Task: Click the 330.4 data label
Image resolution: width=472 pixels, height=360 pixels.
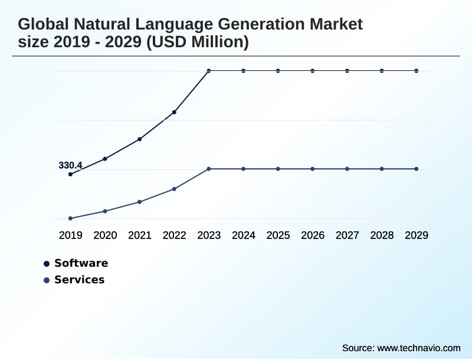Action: [x=70, y=165]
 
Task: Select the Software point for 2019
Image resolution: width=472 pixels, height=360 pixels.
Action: [x=70, y=174]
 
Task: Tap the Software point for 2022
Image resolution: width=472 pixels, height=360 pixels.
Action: [x=174, y=112]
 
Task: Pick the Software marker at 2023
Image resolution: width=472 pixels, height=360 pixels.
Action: [x=209, y=71]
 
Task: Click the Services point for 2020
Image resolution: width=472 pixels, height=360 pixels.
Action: [x=105, y=211]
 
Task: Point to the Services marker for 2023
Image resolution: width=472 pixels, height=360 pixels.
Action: [x=209, y=169]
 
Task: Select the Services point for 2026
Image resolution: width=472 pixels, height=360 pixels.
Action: [x=313, y=169]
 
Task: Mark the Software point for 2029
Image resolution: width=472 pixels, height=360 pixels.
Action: [x=417, y=71]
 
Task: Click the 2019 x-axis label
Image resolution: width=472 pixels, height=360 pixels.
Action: [x=70, y=235]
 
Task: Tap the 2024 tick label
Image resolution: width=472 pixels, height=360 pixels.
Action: [x=244, y=235]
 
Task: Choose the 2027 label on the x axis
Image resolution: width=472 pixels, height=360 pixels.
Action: [x=348, y=235]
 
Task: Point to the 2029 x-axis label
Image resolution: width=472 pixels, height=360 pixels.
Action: [x=417, y=235]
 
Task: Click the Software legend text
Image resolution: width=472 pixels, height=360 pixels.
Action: [x=81, y=263]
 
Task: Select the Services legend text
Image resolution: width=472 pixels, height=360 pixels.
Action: [x=79, y=280]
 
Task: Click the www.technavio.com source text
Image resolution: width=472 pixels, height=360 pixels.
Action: [x=418, y=348]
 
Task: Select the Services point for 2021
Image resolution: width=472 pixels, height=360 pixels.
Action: [x=139, y=202]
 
